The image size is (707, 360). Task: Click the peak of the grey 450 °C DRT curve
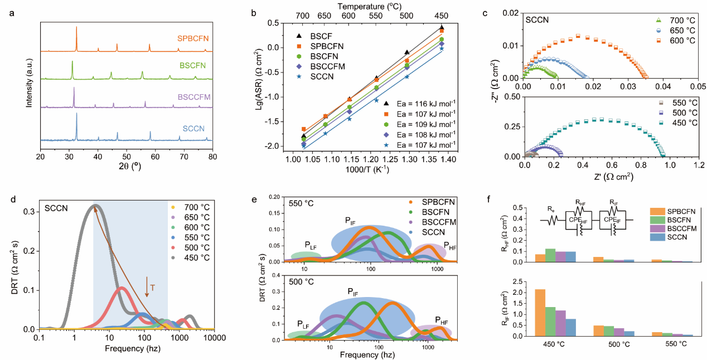click(x=95, y=206)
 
